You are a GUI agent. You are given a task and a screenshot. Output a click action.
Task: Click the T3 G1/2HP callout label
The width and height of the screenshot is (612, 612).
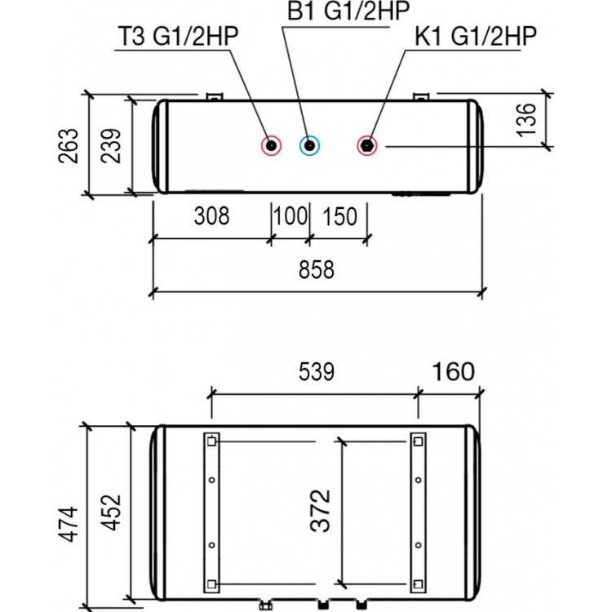(x=178, y=36)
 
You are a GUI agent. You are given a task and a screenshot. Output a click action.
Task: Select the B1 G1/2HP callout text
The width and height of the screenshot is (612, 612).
(x=348, y=11)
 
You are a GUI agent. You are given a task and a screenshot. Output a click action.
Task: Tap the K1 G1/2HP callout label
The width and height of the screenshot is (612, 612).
(x=476, y=36)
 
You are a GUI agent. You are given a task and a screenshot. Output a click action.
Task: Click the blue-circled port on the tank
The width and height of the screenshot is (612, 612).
(x=309, y=146)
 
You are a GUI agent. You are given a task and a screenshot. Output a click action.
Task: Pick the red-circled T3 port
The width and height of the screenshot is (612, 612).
(x=271, y=146)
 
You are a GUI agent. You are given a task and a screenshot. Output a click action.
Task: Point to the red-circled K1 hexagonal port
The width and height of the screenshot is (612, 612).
(x=367, y=146)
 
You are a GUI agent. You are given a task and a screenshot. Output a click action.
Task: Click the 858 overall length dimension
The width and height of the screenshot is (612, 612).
(x=317, y=270)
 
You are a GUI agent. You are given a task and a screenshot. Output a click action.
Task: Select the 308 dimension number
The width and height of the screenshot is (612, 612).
(x=211, y=216)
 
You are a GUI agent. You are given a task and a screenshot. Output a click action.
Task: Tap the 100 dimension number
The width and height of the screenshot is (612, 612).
(x=290, y=216)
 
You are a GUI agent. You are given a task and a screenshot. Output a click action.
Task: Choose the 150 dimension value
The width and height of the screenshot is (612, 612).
(x=339, y=216)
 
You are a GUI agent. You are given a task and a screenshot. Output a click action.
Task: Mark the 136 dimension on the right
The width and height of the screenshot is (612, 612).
(x=526, y=120)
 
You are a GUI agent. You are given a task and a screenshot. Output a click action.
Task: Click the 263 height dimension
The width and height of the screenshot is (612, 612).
(x=69, y=145)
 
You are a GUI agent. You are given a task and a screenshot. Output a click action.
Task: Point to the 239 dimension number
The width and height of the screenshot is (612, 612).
(x=110, y=145)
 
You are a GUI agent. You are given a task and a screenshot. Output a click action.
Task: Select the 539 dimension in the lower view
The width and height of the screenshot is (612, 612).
(x=317, y=371)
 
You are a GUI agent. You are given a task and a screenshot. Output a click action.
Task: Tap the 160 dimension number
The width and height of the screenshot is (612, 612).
(x=454, y=371)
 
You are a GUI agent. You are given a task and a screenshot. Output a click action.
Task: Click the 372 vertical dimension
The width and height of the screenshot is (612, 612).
(x=320, y=511)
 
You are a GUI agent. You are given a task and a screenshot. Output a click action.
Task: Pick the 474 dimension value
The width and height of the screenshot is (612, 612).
(x=69, y=524)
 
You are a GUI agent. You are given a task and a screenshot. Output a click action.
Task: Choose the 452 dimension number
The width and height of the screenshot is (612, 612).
(x=111, y=512)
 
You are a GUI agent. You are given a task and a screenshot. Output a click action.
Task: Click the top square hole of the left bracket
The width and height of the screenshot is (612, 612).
(x=211, y=441)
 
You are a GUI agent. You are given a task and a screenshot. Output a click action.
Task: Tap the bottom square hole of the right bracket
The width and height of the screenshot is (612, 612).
(x=418, y=584)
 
